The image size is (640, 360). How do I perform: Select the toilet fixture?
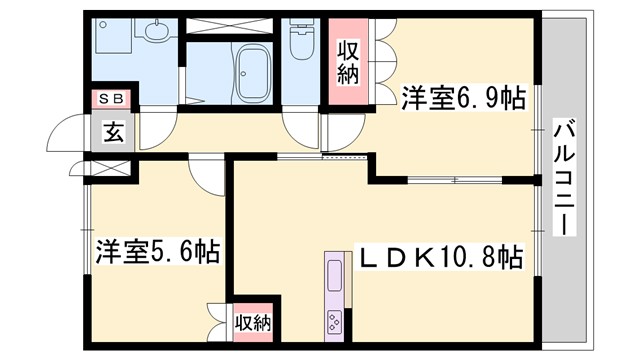(299, 45)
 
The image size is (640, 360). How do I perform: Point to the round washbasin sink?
(156, 37)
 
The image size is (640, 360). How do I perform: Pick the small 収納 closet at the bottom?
(253, 322)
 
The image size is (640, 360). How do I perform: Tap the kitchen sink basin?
(333, 278)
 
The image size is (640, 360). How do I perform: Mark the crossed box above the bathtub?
(230, 24)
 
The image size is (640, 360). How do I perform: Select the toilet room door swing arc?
(300, 126)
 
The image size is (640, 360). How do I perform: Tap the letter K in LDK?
(421, 258)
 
